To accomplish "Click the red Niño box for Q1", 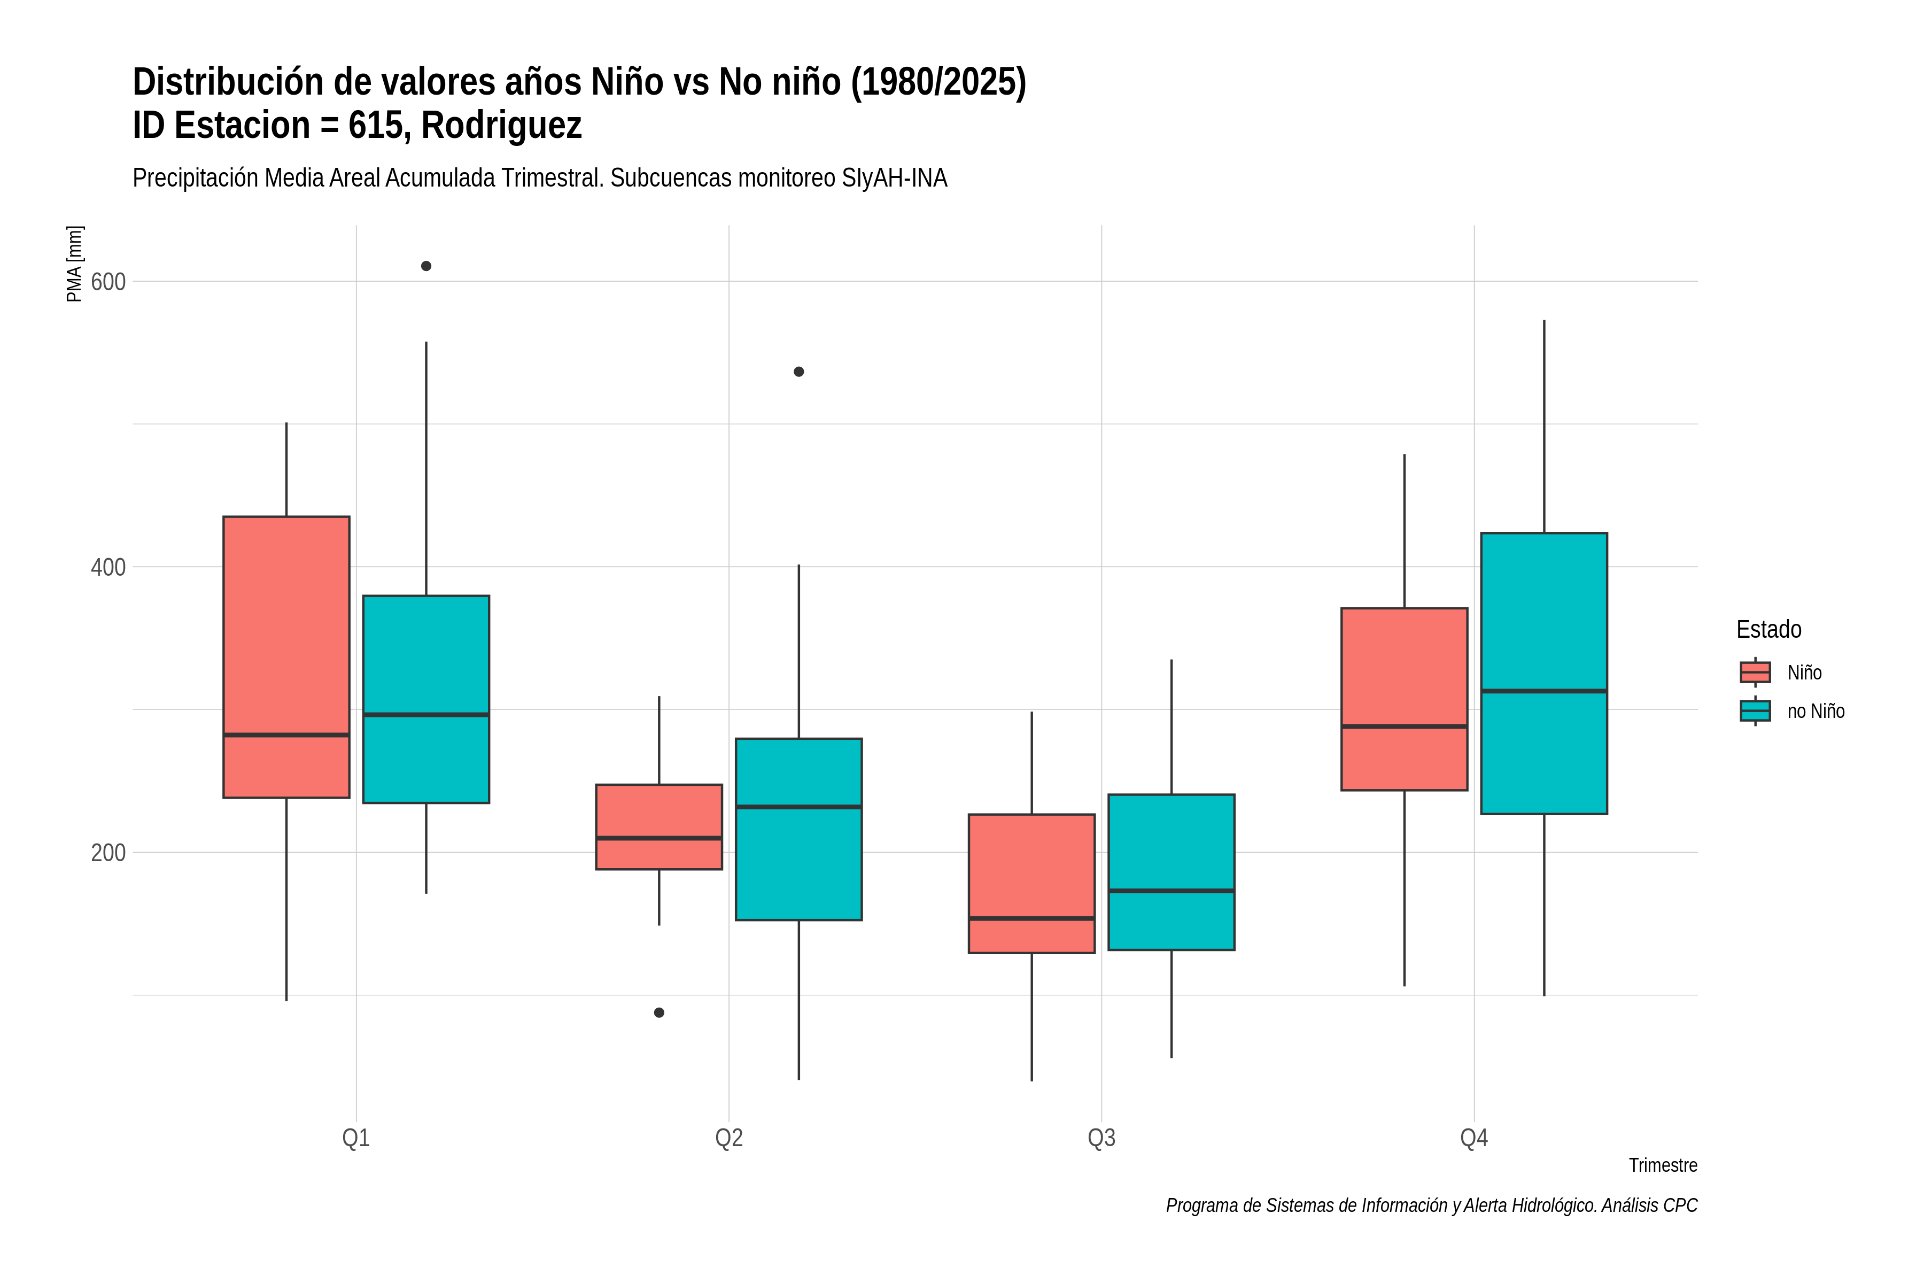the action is pyautogui.click(x=286, y=657).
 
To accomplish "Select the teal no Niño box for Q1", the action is pyautogui.click(x=426, y=700).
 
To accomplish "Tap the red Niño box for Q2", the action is pyautogui.click(x=660, y=827).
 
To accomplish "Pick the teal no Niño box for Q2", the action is pyautogui.click(x=798, y=830).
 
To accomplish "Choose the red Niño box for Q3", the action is pyautogui.click(x=1031, y=884).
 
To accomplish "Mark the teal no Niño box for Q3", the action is pyautogui.click(x=1172, y=872).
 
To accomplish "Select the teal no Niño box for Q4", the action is pyautogui.click(x=1545, y=674).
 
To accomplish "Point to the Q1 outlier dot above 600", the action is pyautogui.click(x=426, y=266).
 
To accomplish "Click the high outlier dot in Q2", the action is pyautogui.click(x=799, y=372).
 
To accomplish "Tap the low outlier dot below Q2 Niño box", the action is pyautogui.click(x=660, y=1013).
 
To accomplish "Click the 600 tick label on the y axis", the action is pyautogui.click(x=108, y=282).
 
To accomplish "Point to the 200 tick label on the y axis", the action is pyautogui.click(x=108, y=853).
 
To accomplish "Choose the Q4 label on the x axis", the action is pyautogui.click(x=1474, y=1138).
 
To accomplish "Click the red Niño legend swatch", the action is pyautogui.click(x=1756, y=673).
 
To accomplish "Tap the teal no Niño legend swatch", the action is pyautogui.click(x=1756, y=711).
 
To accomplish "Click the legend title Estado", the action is pyautogui.click(x=1768, y=629).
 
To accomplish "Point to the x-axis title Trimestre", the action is pyautogui.click(x=1663, y=1165).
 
